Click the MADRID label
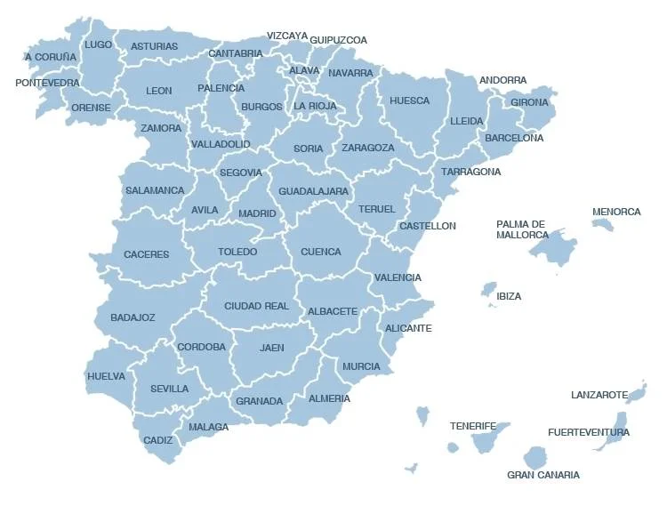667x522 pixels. (257, 213)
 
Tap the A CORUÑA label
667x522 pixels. (51, 57)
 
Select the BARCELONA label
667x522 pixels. (514, 138)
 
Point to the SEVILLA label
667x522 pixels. (169, 389)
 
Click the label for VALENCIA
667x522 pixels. (398, 277)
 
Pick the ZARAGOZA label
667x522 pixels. (367, 148)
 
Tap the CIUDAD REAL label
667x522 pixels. (256, 306)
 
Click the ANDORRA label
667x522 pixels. (502, 80)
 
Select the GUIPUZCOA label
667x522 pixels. (338, 40)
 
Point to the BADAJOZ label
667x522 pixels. (133, 317)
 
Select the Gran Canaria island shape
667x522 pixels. (534, 458)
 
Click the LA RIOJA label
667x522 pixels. (315, 106)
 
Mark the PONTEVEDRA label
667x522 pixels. (47, 83)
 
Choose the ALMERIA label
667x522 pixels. (329, 398)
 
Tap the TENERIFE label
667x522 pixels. (472, 426)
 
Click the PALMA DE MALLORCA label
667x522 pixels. (522, 229)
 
